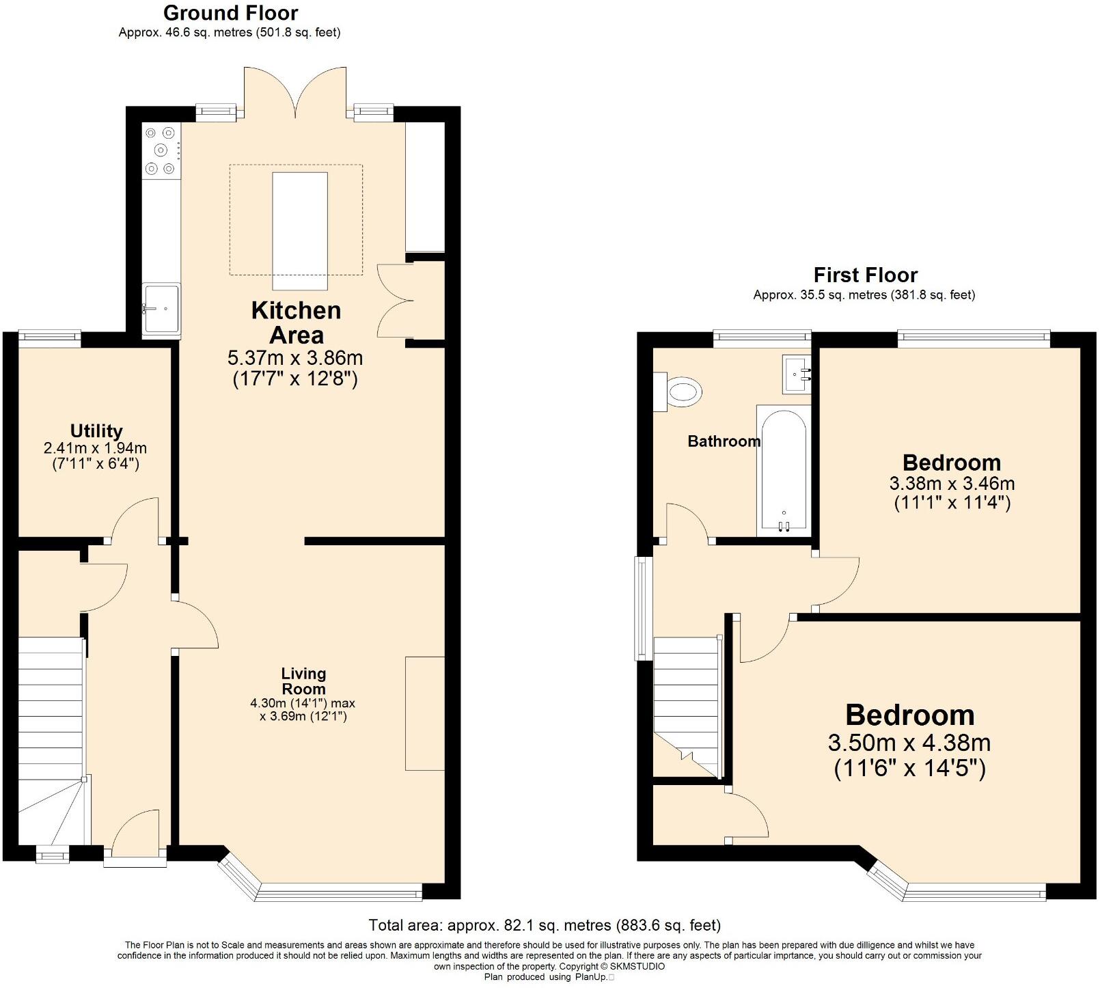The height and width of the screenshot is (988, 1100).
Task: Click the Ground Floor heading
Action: tap(231, 13)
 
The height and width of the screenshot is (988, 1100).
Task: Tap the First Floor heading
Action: tap(865, 275)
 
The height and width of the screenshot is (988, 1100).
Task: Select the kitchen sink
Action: tap(161, 310)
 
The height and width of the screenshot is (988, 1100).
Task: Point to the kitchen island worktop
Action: tap(300, 231)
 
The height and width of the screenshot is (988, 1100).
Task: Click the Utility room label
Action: tap(96, 431)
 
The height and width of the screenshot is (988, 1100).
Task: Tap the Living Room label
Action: tap(303, 681)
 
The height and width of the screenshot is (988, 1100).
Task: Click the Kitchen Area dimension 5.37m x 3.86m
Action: tap(294, 358)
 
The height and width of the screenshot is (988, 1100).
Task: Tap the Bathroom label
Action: tap(724, 441)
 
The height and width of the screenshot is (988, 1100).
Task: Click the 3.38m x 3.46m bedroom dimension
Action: tap(952, 484)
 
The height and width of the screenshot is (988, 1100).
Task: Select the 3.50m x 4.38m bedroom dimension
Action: tap(909, 743)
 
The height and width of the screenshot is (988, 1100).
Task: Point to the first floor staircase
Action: tap(687, 706)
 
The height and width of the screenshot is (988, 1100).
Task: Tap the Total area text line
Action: tap(545, 926)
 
